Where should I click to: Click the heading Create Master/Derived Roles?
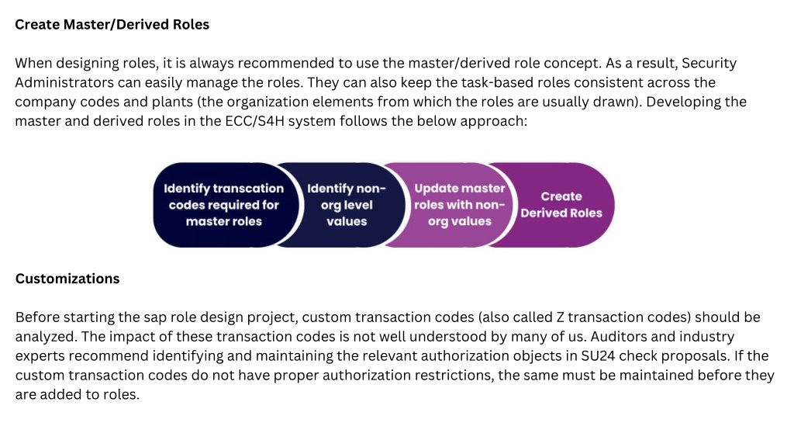(112, 24)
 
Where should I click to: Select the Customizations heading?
(67, 279)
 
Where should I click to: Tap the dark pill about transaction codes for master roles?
(224, 205)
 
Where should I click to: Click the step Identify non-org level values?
(347, 205)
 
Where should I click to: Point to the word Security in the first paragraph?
(709, 64)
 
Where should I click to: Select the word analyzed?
(46, 337)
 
